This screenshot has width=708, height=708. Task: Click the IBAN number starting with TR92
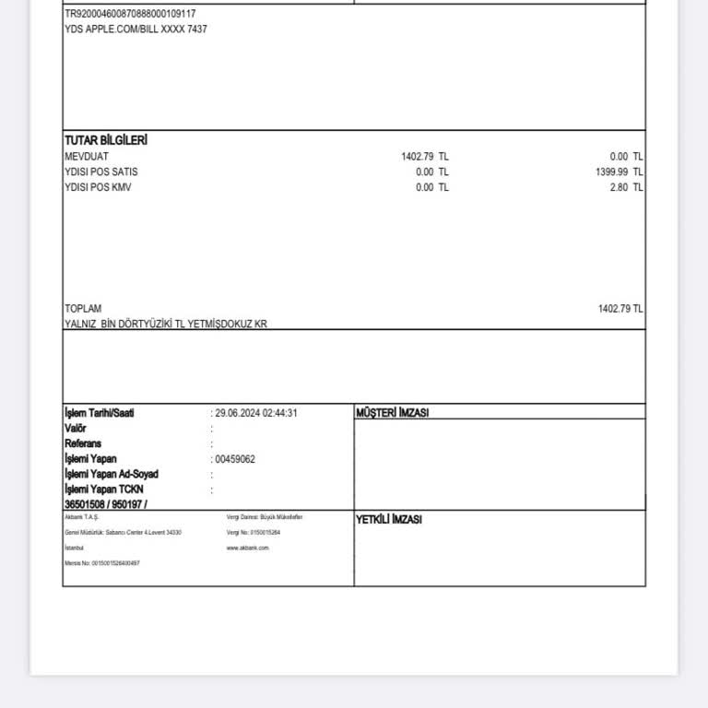(x=130, y=14)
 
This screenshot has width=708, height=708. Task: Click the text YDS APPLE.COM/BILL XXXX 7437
(x=136, y=29)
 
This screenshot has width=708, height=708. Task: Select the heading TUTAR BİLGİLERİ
(x=106, y=140)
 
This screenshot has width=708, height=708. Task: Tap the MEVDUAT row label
(x=87, y=157)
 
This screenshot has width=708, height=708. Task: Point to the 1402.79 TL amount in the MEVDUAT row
(x=425, y=157)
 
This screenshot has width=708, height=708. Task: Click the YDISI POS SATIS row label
(x=101, y=172)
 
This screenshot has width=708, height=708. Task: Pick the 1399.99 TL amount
(x=619, y=172)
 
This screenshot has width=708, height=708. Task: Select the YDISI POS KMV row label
(x=98, y=187)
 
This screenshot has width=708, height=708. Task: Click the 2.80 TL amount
(x=626, y=187)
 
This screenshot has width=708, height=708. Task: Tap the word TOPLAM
(x=83, y=309)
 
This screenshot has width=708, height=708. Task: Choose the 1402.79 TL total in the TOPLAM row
(x=620, y=309)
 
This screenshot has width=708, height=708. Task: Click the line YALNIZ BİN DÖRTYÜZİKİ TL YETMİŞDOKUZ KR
(x=166, y=324)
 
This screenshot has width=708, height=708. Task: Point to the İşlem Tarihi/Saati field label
(x=100, y=413)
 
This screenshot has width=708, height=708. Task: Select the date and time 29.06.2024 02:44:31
(x=256, y=413)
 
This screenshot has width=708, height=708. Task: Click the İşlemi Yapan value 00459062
(x=235, y=459)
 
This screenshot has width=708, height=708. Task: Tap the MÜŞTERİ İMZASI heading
(x=392, y=413)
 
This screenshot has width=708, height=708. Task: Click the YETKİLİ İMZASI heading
(x=389, y=520)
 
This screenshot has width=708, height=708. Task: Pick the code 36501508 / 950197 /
(x=106, y=504)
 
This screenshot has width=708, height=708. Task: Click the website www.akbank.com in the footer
(x=248, y=548)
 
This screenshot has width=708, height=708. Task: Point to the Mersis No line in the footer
(x=102, y=563)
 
